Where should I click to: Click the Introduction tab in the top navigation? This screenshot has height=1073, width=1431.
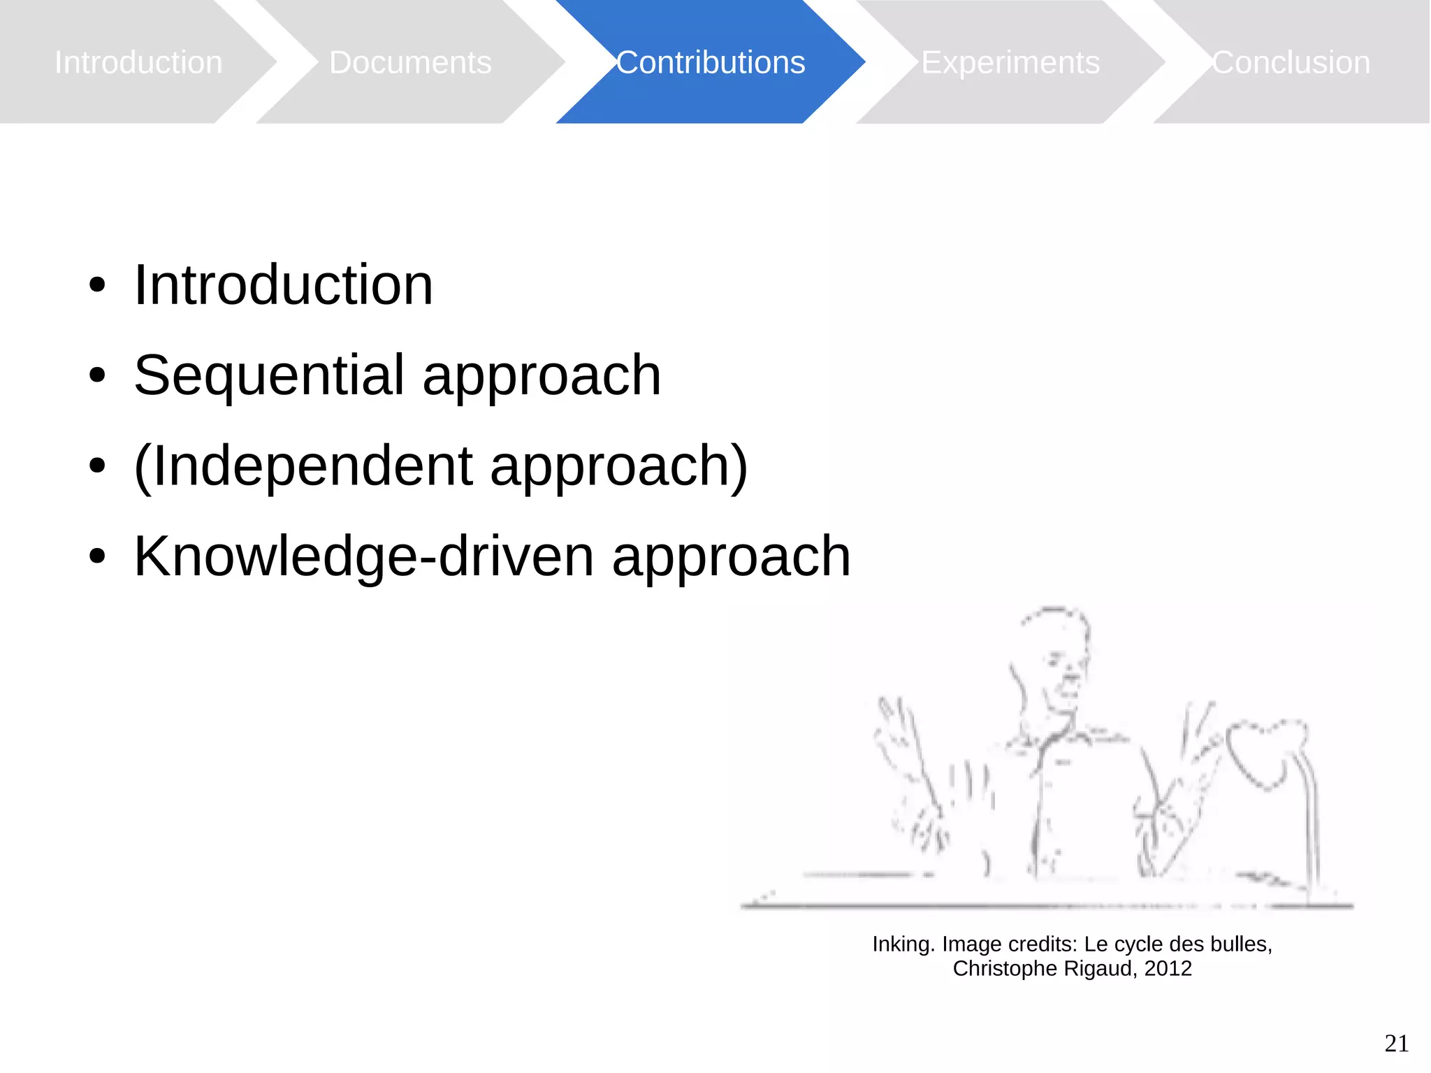[138, 62]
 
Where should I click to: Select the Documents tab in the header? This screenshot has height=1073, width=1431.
[410, 62]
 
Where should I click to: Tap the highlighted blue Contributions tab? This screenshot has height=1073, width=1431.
[711, 62]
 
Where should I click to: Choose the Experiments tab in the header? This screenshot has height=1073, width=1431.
[1010, 62]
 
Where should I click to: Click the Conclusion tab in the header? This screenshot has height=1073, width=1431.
[1291, 62]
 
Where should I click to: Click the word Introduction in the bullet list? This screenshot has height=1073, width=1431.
[283, 285]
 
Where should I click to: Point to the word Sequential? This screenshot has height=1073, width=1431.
[269, 375]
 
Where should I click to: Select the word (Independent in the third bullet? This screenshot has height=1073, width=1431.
[303, 466]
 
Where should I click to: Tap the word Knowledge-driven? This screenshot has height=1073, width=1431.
[363, 556]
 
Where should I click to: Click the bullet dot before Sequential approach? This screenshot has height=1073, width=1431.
[97, 375]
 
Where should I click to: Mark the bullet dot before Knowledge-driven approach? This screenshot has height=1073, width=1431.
[97, 557]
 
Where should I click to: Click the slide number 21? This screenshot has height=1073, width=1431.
[1396, 1043]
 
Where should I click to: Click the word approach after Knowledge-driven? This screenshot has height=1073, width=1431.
[731, 558]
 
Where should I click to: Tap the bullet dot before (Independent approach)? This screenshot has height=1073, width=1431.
[97, 466]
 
